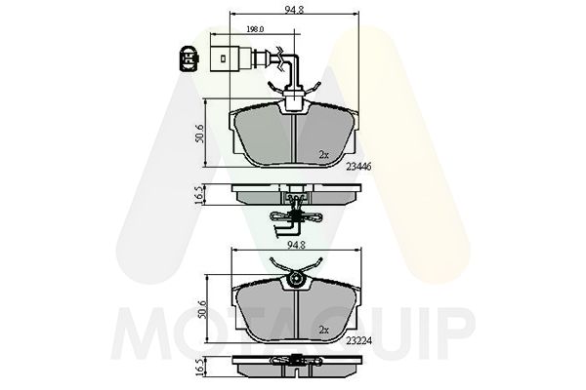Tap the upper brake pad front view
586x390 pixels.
tap(293, 136)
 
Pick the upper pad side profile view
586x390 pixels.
tap(293, 195)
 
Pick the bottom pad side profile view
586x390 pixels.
tap(293, 369)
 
